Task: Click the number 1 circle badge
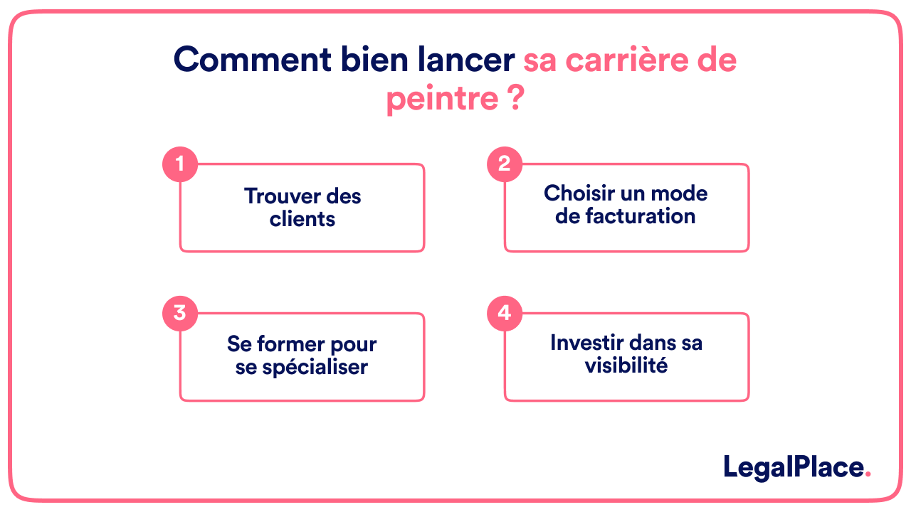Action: click(x=179, y=164)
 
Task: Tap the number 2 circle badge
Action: click(x=505, y=164)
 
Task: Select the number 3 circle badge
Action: click(x=179, y=313)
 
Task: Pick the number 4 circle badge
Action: click(x=505, y=313)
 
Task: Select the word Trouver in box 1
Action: click(x=274, y=196)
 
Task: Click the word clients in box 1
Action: click(x=302, y=219)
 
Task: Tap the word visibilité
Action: click(x=626, y=366)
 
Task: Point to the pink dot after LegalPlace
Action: click(x=868, y=474)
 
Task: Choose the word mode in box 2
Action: click(x=679, y=193)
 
